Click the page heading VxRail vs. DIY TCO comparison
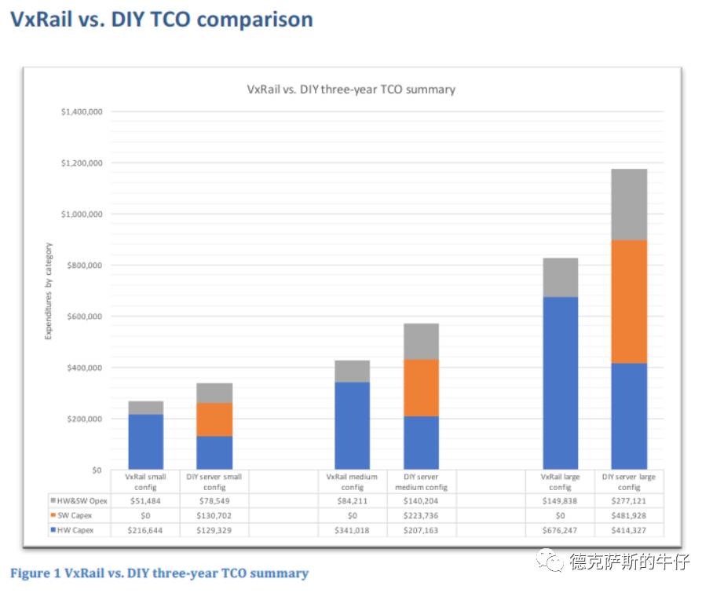point(161,20)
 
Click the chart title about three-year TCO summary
point(351,90)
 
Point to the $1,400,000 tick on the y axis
point(82,112)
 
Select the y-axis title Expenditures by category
point(49,291)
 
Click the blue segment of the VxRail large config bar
point(561,383)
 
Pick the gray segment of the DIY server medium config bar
point(422,342)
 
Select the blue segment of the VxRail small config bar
point(146,441)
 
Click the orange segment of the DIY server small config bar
point(215,419)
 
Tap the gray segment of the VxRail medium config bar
point(353,372)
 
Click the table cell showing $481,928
point(630,515)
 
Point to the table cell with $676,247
point(561,530)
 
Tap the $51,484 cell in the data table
point(146,500)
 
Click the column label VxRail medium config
point(353,481)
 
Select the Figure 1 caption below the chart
point(159,573)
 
